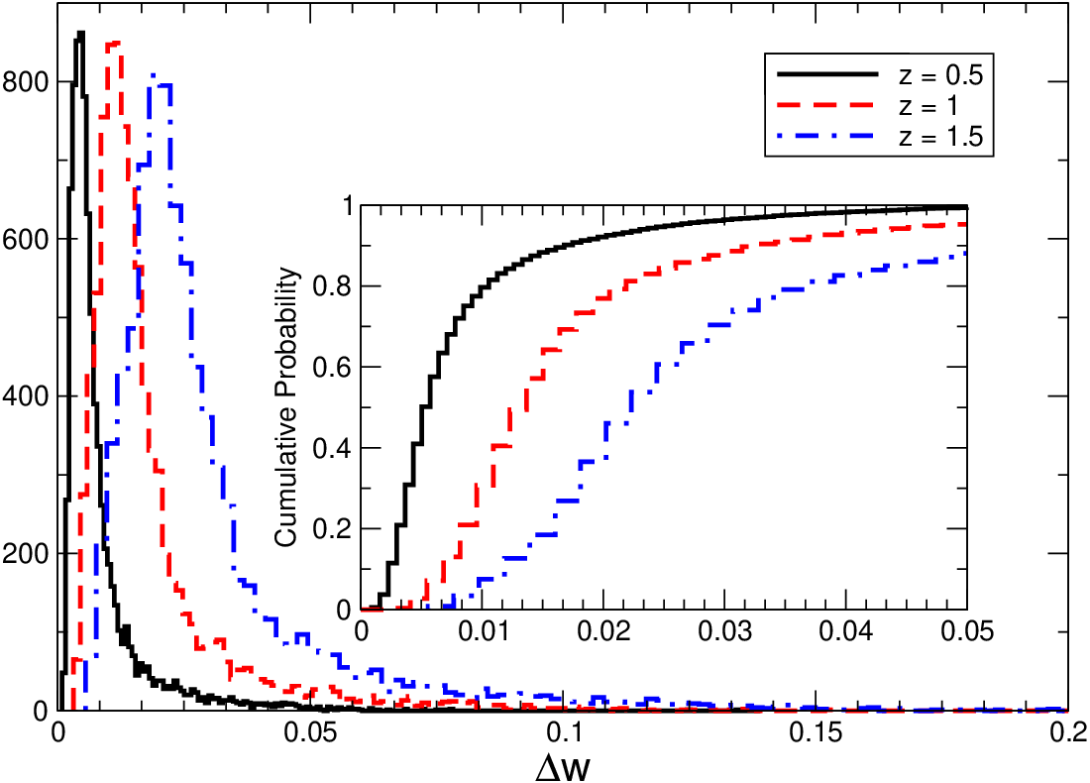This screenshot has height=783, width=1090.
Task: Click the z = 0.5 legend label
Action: pos(940,74)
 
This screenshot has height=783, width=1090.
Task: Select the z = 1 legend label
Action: pos(927,105)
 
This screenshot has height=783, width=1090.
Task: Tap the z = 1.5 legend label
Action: pos(940,136)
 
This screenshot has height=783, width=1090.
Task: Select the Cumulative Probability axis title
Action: pos(285,406)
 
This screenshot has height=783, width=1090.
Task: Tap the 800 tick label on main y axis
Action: pos(25,82)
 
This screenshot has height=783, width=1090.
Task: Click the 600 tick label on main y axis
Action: pos(25,239)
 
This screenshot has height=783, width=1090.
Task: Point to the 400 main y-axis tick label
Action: pos(25,396)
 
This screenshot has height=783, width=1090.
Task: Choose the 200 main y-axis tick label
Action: pos(25,553)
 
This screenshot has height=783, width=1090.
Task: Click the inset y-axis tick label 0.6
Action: pos(331,367)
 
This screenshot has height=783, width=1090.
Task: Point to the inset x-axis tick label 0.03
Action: pos(725,631)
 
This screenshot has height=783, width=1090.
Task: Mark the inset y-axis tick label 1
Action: pos(343,206)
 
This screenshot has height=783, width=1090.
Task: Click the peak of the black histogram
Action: pos(80,32)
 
